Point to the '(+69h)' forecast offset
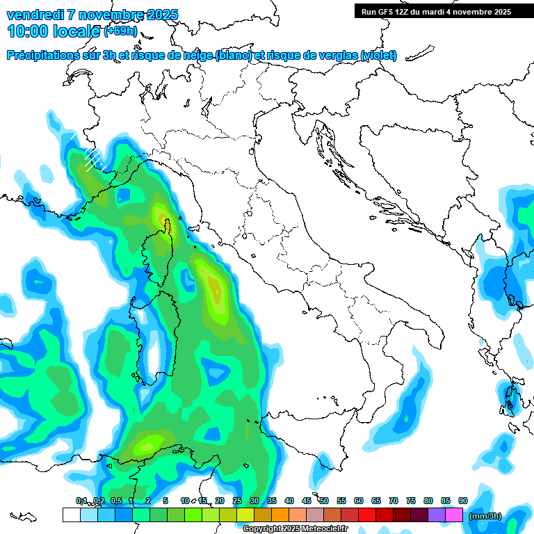tap(120, 31)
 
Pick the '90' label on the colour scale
tap(463, 501)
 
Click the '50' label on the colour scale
tap(324, 501)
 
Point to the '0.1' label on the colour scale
tap(81, 501)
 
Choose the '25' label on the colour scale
tap(237, 501)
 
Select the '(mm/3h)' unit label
tap(485, 516)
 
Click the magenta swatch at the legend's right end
tap(454, 515)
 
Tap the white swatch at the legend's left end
tap(71, 515)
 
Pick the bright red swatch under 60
tap(367, 515)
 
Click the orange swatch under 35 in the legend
tap(280, 515)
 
